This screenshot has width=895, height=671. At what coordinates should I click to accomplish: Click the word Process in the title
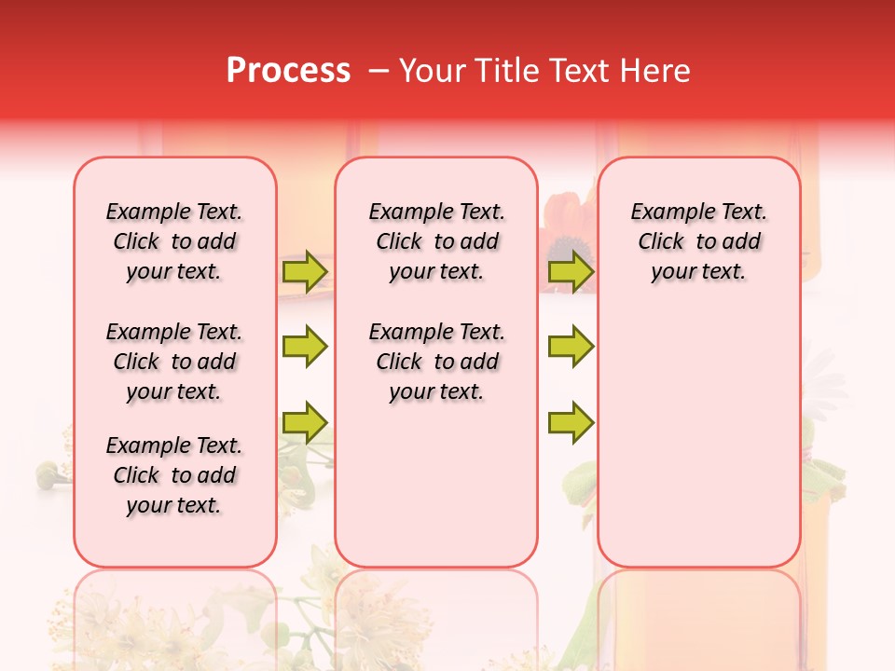[288, 71]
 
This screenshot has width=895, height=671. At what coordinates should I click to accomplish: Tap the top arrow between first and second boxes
[305, 271]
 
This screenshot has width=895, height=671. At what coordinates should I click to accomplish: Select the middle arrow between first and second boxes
[305, 347]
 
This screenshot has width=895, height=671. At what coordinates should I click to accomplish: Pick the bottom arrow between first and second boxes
[305, 421]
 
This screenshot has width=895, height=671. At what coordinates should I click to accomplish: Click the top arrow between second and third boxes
[571, 271]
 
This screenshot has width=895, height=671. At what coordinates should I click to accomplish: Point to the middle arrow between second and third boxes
[571, 347]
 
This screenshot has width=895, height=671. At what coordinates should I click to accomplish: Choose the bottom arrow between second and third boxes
[571, 421]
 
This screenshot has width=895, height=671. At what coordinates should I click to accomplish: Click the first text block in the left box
[174, 241]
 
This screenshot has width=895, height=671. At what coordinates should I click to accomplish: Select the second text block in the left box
[174, 362]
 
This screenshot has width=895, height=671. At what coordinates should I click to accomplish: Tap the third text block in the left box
[174, 475]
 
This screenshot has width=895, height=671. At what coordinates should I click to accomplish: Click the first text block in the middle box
[436, 241]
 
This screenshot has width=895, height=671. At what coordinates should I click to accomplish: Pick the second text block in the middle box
[436, 362]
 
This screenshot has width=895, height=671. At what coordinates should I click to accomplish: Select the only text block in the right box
[698, 241]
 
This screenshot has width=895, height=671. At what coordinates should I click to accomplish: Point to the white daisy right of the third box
[825, 373]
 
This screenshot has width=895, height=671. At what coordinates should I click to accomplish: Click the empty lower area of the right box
[698, 447]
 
